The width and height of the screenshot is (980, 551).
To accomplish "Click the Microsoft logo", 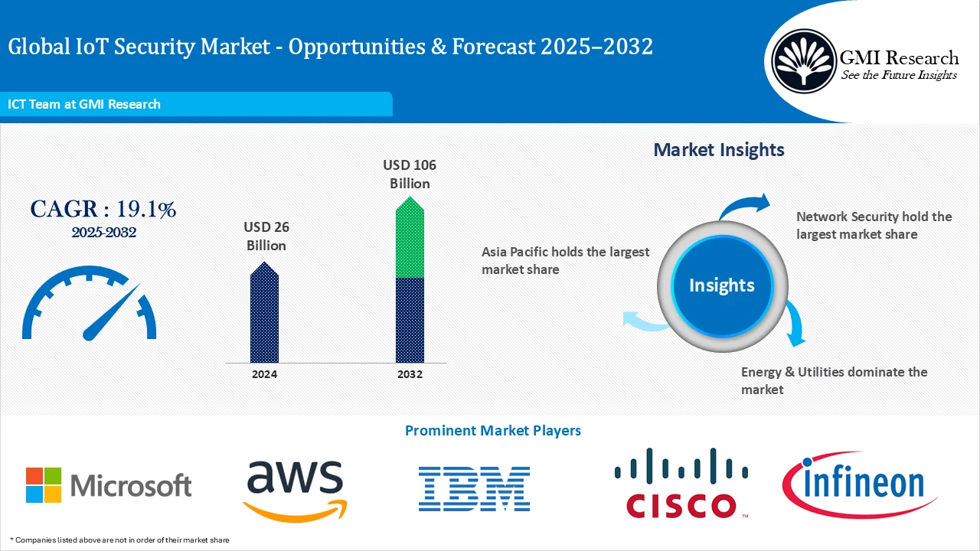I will [108, 485].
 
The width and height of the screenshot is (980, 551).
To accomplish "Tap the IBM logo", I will [474, 489].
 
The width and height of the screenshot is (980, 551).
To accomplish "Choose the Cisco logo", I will [681, 484].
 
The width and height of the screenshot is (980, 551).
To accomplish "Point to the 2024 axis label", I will [264, 374].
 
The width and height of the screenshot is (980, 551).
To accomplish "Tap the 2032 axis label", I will [410, 374].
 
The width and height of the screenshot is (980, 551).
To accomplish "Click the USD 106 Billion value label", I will [410, 174].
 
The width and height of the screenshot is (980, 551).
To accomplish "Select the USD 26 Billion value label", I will [266, 236].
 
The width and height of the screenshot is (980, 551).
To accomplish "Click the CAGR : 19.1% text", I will [103, 209].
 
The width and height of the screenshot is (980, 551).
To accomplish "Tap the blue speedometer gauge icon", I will [90, 304].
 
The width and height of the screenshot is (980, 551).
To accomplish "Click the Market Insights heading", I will [718, 149].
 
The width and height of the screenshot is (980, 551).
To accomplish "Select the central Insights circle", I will [721, 285].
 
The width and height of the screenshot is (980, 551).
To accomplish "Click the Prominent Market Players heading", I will [492, 431].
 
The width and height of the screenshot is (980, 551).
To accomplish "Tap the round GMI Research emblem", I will [803, 59].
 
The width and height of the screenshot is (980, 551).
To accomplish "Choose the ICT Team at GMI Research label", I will [84, 104].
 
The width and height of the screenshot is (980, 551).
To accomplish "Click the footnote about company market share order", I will [119, 540].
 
